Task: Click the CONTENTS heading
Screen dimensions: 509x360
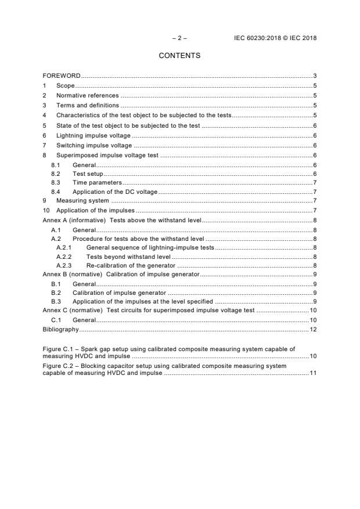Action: click(179, 56)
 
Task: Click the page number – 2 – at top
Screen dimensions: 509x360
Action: click(179, 38)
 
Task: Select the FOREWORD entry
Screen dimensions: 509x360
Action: click(62, 76)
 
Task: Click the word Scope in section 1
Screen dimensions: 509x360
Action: click(65, 86)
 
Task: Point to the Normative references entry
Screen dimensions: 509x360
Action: click(87, 96)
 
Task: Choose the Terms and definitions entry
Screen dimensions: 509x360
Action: click(88, 106)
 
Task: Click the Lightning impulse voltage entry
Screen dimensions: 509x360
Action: click(93, 135)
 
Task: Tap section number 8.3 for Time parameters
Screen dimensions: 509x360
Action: click(56, 182)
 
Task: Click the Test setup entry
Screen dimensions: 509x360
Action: click(87, 174)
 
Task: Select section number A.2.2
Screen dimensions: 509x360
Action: click(64, 256)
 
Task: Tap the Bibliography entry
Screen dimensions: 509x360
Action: click(61, 329)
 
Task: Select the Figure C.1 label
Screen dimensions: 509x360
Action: click(57, 349)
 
